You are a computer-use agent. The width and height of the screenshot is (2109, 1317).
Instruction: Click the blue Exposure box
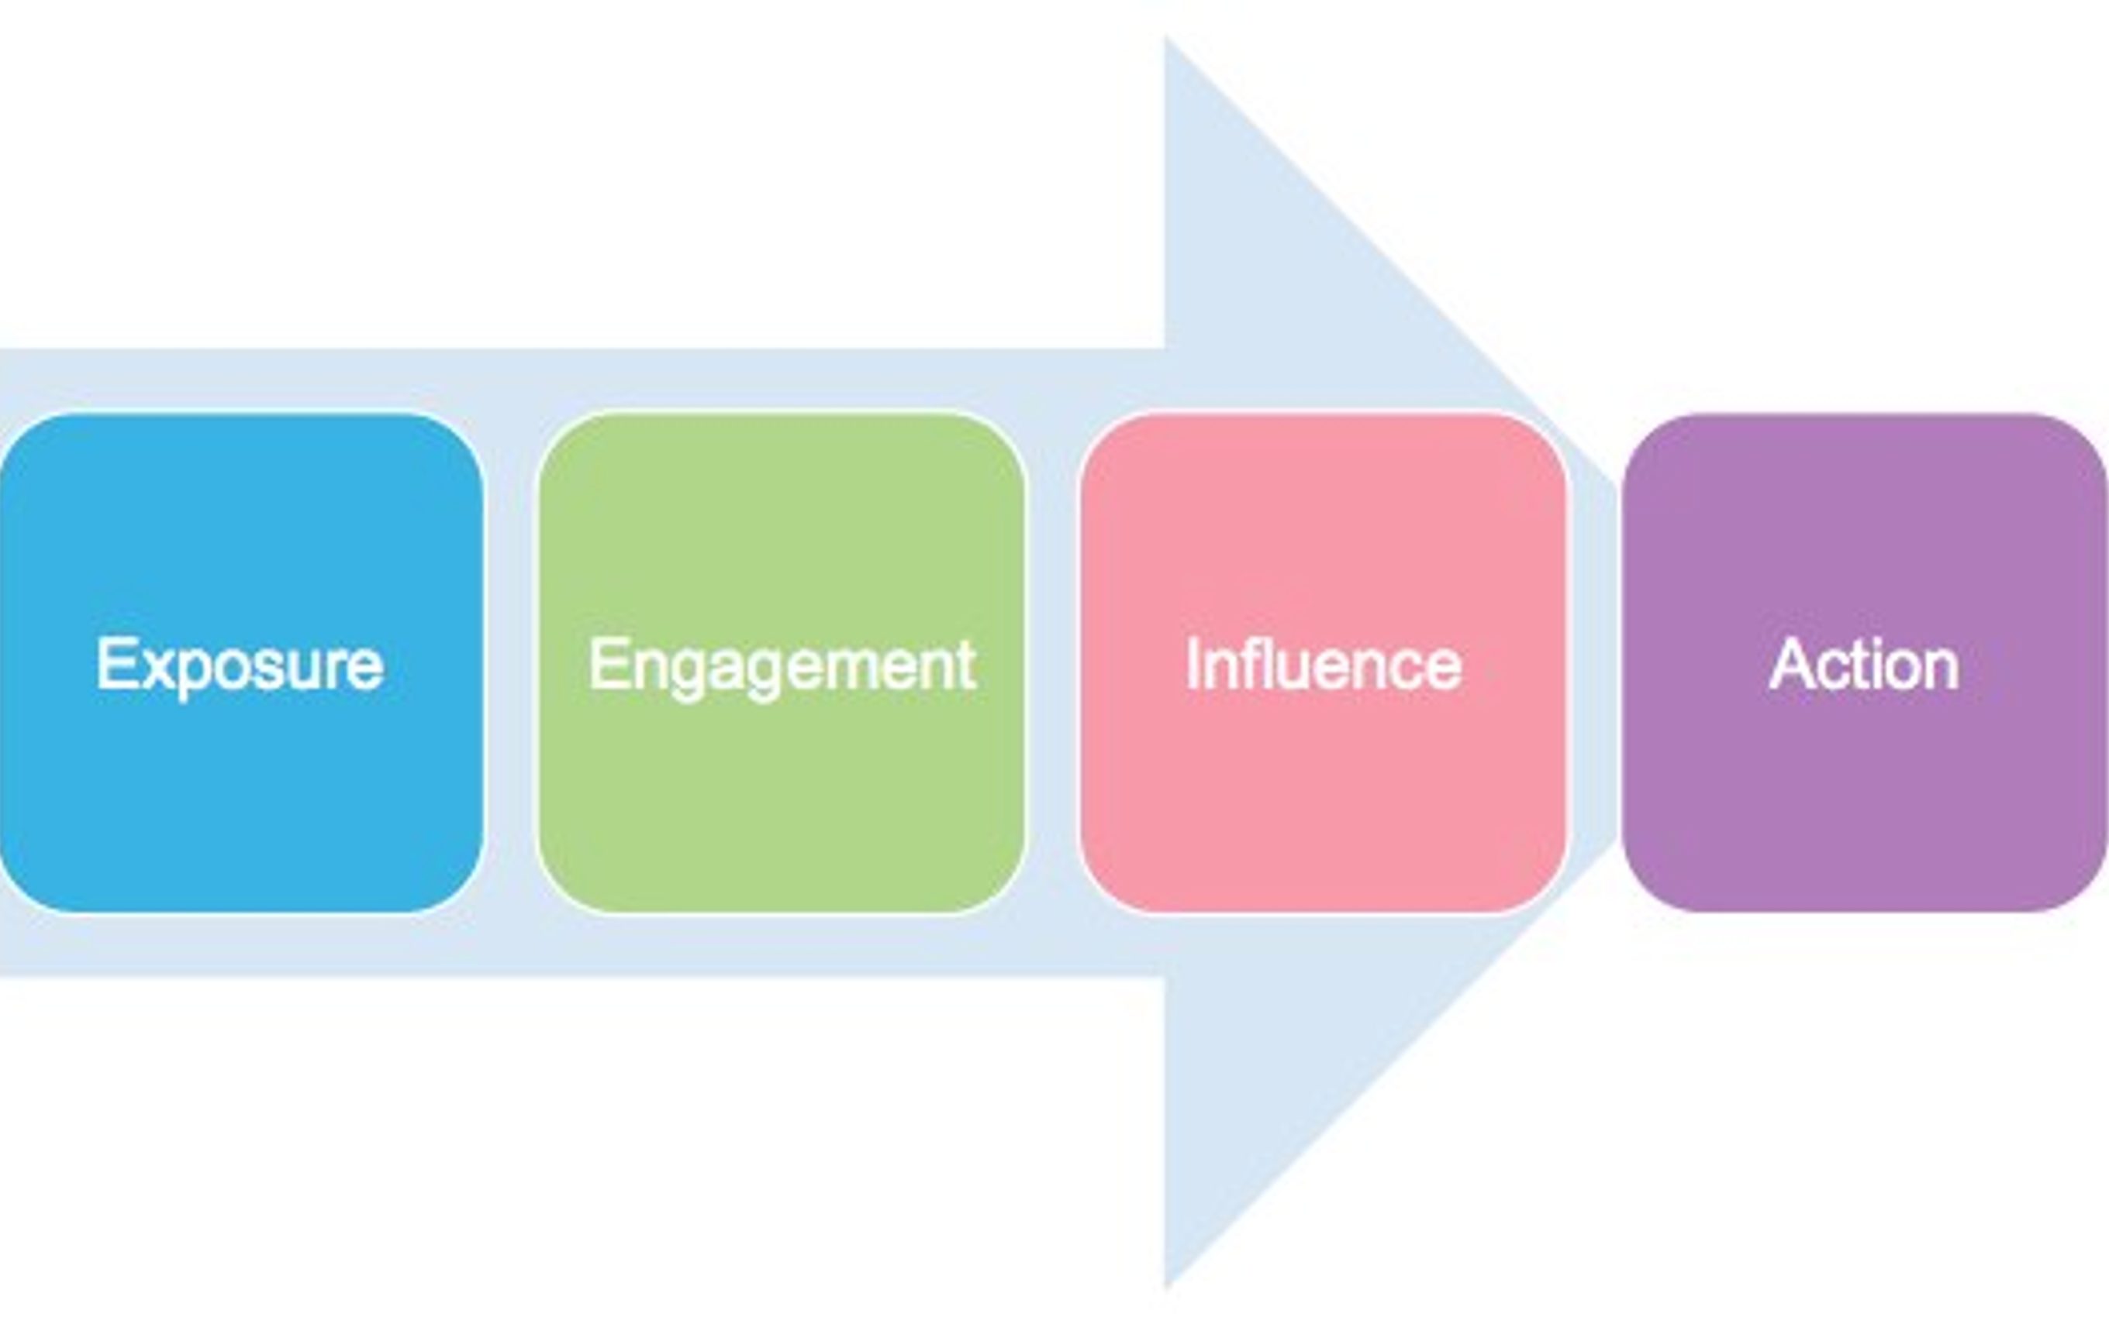tap(240, 663)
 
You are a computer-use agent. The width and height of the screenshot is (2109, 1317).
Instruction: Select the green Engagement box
tap(782, 663)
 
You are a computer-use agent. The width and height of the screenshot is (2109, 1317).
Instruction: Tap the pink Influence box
tap(1324, 663)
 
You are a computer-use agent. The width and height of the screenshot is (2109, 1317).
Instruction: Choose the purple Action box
tap(1865, 663)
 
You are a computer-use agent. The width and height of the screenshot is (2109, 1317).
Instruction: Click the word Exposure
tap(240, 666)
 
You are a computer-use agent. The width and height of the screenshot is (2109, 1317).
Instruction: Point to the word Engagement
tap(782, 666)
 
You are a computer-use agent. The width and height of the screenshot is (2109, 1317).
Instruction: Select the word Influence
tap(1323, 664)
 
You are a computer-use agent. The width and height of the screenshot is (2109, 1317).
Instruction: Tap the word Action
tap(1864, 664)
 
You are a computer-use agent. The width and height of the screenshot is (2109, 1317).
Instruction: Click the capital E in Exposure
tap(114, 664)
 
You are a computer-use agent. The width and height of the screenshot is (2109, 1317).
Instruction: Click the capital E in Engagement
tap(606, 664)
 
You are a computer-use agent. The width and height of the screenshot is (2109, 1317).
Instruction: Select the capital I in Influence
tap(1191, 664)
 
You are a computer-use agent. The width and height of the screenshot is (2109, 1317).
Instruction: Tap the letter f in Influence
tap(1250, 664)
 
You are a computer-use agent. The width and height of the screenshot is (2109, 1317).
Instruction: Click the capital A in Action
tap(1793, 664)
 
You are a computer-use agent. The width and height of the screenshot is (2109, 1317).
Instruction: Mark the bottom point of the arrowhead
tap(1166, 1288)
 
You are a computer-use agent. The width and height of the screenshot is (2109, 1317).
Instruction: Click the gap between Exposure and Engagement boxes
tap(511, 663)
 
